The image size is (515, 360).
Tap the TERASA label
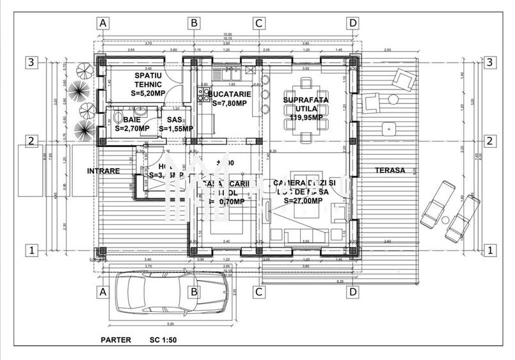pyautogui.click(x=390, y=171)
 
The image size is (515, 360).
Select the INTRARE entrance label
pyautogui.click(x=104, y=171)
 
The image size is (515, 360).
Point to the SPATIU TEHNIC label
pyautogui.click(x=148, y=80)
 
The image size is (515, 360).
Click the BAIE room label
pyautogui.click(x=132, y=120)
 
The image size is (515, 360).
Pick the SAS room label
pyautogui.click(x=174, y=120)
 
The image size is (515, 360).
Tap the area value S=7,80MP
pyautogui.click(x=229, y=103)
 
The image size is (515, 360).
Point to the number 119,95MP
pyautogui.click(x=306, y=118)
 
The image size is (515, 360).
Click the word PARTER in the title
pyautogui.click(x=116, y=340)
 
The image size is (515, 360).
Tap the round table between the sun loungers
pyautogui.click(x=445, y=221)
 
